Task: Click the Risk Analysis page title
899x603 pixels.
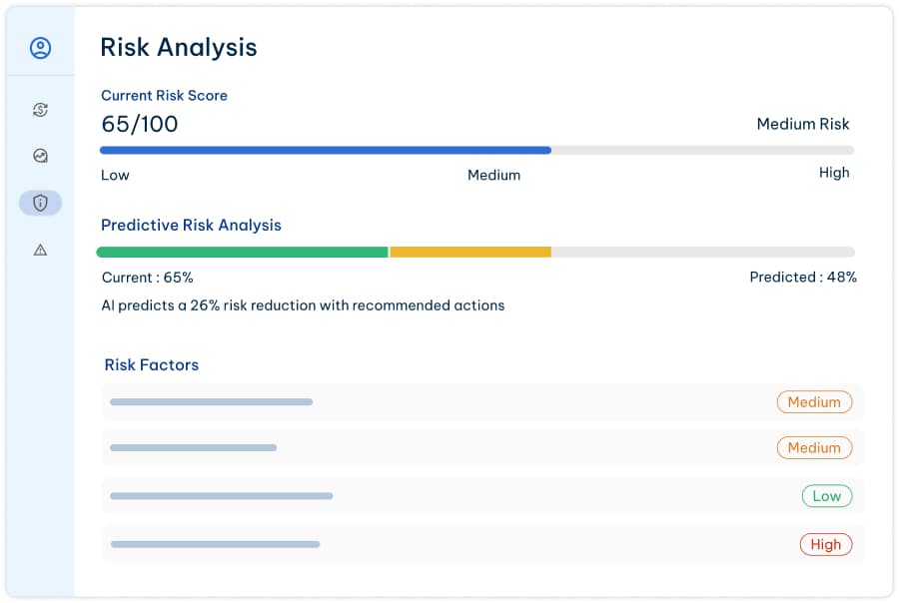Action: [179, 47]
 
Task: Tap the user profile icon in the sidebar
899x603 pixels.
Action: [40, 48]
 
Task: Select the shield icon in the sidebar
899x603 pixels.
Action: [40, 203]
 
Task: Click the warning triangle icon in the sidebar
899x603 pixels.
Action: [40, 250]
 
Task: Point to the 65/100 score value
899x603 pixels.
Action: [140, 124]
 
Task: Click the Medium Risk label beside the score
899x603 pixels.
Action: [802, 124]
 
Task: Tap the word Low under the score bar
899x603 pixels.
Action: [115, 175]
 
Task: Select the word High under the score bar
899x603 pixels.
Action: [833, 173]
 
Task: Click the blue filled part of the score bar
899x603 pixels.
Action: [325, 151]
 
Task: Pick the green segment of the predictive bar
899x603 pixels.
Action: [242, 253]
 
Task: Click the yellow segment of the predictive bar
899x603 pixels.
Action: [469, 253]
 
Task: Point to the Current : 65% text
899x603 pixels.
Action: [148, 278]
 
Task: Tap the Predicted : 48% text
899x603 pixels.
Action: [802, 278]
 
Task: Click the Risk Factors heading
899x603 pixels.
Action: [151, 364]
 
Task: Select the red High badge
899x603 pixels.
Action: [825, 544]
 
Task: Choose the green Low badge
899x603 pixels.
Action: [826, 496]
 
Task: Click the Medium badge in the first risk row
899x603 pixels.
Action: [814, 402]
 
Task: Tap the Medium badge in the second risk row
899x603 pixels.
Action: [814, 448]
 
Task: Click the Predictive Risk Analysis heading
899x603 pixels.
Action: [191, 225]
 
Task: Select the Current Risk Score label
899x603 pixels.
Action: [164, 96]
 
